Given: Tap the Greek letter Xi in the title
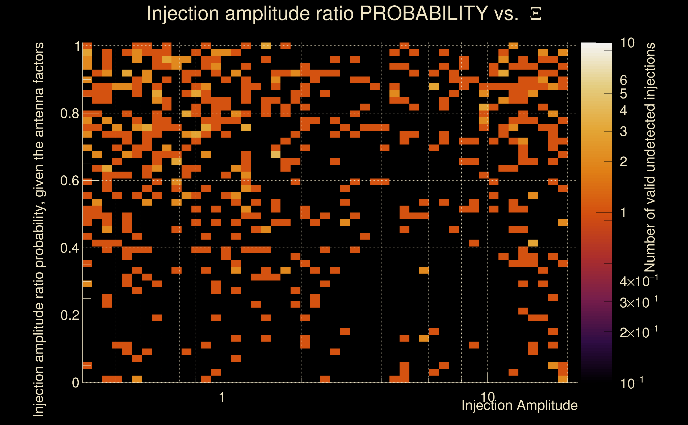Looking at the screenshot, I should coord(536,14).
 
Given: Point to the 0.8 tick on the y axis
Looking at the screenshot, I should coord(70,114).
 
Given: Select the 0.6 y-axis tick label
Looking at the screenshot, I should coord(70,181).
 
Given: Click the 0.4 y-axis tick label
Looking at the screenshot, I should coord(70,248).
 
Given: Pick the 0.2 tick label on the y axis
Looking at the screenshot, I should coord(70,315).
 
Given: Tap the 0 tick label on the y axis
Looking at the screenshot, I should coord(75,383).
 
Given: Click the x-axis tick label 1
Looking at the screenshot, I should coord(222,397).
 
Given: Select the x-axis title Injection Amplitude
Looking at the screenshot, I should coord(519,405).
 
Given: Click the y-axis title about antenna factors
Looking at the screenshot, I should coord(39,229).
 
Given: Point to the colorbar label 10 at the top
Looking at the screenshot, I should coord(627,43).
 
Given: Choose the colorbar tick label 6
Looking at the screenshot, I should coord(623,80).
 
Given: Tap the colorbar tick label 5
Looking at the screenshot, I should coord(623,94).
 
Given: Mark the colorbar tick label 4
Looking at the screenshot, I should coord(623,110).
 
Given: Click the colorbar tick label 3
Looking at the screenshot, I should coord(623,131).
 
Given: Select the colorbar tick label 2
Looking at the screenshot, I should coord(623,161).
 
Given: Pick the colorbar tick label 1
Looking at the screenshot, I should coord(623,213).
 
